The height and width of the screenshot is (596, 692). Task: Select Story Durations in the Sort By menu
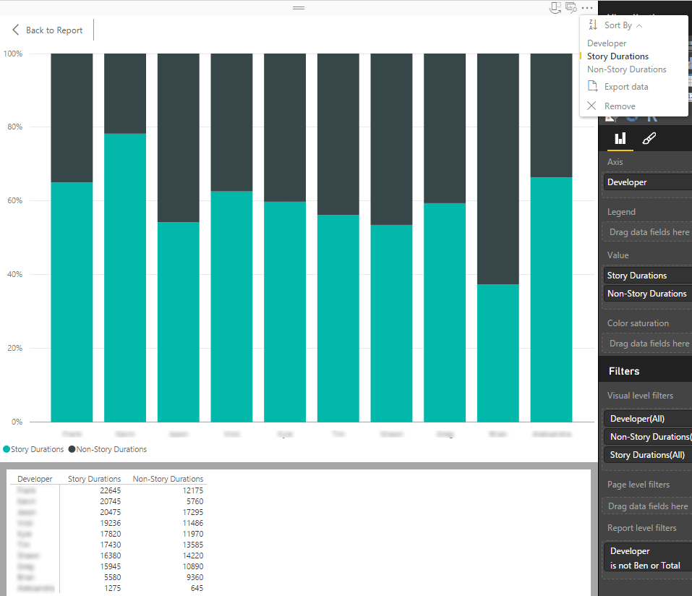pos(618,56)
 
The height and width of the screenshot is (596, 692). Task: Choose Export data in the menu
pos(625,87)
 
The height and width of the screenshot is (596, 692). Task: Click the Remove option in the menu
pos(619,106)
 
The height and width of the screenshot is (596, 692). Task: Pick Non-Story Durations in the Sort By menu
pos(626,69)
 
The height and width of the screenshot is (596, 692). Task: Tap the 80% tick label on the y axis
pos(14,127)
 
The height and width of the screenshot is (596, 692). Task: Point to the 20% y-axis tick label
pos(14,349)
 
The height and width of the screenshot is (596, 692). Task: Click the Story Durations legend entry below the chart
pos(34,449)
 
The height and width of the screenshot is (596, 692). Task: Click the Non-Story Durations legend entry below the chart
pos(108,449)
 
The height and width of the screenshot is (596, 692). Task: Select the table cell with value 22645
pos(111,490)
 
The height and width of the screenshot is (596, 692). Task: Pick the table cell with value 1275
pos(113,588)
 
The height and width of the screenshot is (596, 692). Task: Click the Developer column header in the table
pos(35,479)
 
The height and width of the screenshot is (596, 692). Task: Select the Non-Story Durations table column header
pos(168,479)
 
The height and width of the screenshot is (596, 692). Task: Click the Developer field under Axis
pos(627,182)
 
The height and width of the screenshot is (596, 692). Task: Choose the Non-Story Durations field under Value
pos(646,294)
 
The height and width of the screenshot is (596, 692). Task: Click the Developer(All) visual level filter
pos(637,419)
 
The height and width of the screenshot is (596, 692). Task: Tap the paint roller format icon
pos(649,138)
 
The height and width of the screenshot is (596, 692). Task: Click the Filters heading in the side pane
pos(623,371)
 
